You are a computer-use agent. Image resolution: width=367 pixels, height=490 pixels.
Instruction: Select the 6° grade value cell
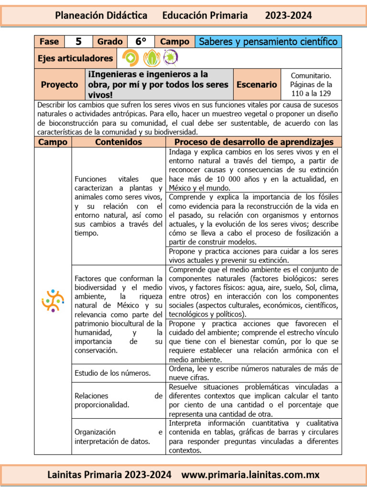140,42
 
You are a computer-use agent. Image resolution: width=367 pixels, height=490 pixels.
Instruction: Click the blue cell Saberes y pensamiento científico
268,42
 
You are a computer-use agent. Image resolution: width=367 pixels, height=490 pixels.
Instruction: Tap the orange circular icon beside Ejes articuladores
130,58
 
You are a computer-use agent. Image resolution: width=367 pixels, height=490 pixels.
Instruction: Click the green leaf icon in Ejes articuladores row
151,58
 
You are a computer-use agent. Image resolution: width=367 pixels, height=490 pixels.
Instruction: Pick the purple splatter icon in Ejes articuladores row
170,58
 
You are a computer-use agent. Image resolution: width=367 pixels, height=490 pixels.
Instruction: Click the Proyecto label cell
59,85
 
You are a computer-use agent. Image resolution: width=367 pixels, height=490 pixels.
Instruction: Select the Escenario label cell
257,85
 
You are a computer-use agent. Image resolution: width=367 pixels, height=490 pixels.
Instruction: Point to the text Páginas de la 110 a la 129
311,89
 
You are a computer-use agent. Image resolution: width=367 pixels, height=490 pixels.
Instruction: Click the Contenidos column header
119,142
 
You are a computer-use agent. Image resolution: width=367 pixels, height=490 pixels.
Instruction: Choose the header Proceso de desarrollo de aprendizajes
254,142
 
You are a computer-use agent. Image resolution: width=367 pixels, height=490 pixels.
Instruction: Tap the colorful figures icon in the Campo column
53,301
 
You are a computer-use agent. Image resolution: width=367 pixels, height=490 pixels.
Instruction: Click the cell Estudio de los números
113,373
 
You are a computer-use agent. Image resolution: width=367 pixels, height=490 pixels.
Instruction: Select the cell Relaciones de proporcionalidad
119,401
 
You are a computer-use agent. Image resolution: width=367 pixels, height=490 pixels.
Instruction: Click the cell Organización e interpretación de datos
119,436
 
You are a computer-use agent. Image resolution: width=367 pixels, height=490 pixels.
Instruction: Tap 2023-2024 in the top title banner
288,15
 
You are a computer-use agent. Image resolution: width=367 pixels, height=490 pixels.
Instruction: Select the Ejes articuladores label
75,58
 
